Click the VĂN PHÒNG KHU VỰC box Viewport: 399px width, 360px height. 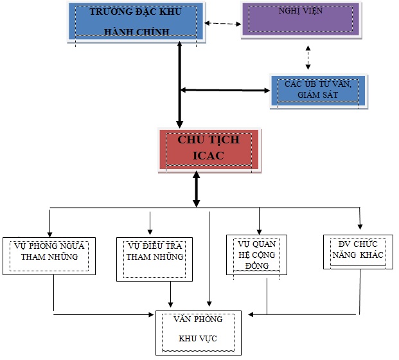coord(198,332)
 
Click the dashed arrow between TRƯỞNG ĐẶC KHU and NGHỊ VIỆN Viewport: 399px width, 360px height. coord(222,25)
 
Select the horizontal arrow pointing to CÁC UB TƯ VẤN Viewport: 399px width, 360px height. coord(225,90)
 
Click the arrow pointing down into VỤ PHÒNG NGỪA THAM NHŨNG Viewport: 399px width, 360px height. coord(49,222)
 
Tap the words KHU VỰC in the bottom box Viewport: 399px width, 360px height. coord(198,339)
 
